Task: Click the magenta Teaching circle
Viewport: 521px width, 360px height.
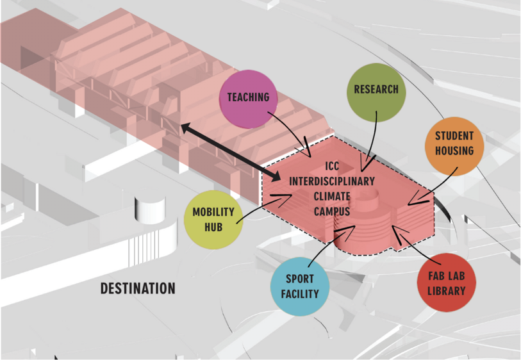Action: click(x=248, y=98)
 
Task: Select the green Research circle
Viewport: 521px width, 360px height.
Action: click(x=376, y=90)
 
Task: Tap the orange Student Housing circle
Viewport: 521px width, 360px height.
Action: click(x=454, y=144)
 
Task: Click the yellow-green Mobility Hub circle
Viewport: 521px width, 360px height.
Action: click(x=213, y=219)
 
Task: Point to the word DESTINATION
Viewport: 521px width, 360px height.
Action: click(x=138, y=289)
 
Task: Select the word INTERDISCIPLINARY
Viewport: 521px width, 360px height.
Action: click(x=331, y=182)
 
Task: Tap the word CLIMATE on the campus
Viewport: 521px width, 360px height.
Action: click(x=331, y=196)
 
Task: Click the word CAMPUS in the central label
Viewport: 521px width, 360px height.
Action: click(x=331, y=210)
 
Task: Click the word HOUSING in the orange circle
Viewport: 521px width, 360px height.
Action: click(x=454, y=151)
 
